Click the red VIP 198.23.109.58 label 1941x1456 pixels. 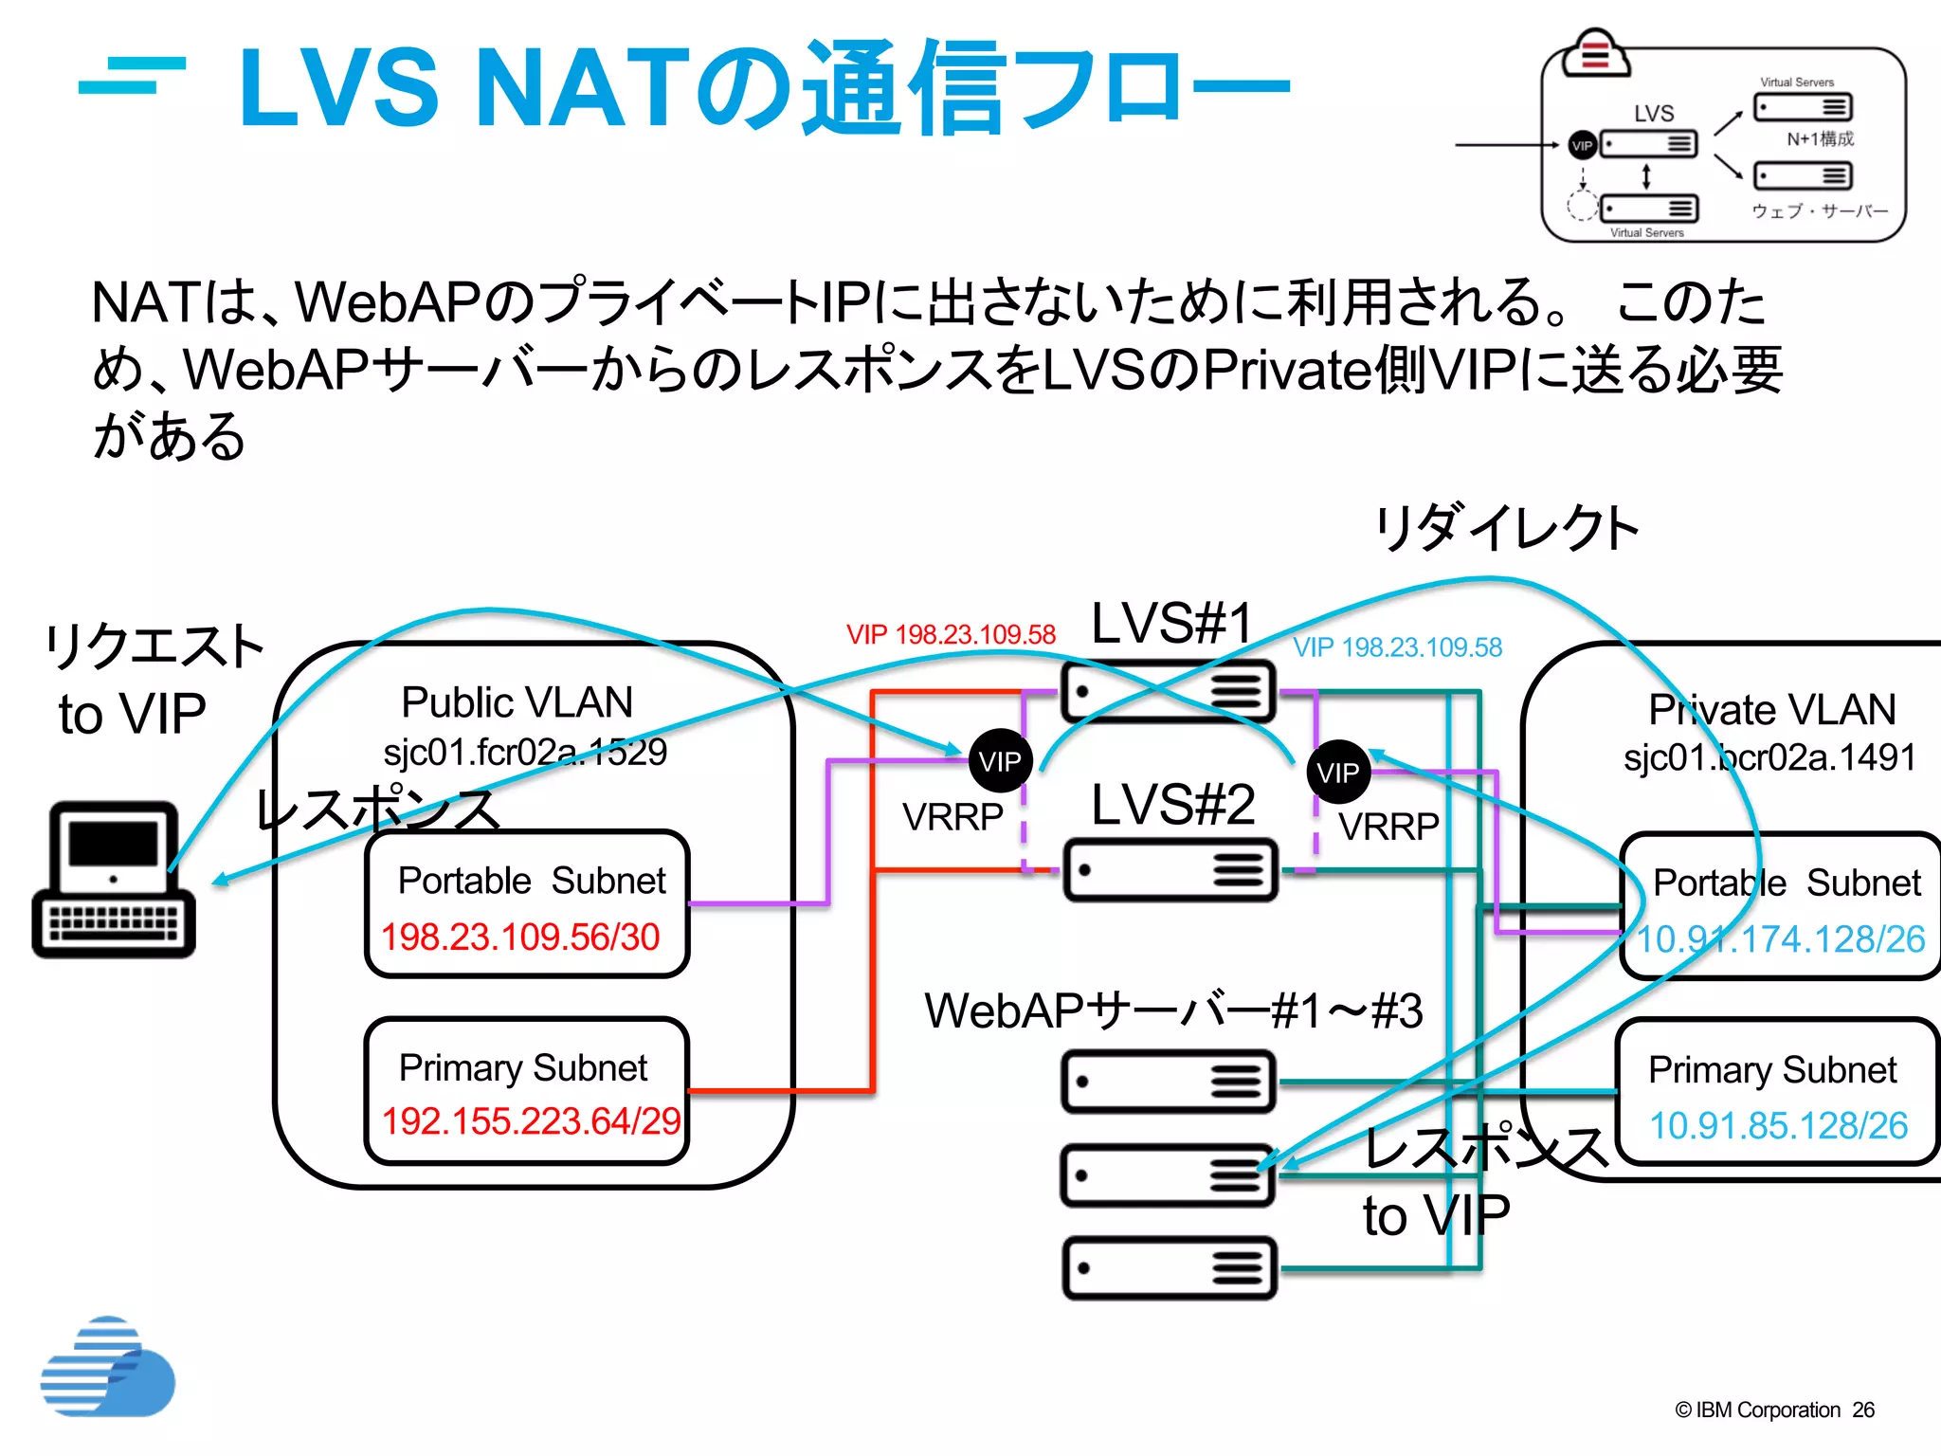pos(951,634)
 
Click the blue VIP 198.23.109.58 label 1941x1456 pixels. pos(1398,647)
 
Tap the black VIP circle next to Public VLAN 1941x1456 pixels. pos(1000,761)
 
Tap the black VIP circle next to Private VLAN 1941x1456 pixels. pos(1337,773)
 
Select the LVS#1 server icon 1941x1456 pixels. pos(1169,691)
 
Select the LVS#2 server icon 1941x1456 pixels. pos(1170,869)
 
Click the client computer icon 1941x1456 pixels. pos(114,880)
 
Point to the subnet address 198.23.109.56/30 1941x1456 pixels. pos(519,937)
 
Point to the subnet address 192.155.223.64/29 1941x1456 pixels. pos(530,1121)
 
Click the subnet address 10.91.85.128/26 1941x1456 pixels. pos(1778,1125)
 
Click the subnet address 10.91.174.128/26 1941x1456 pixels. pos(1780,939)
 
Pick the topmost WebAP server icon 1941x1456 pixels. pos(1168,1081)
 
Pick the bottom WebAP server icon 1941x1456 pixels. pos(1170,1267)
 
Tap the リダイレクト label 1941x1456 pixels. pos(1507,528)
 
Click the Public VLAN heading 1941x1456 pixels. pos(517,702)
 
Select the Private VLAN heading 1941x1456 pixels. pos(1771,709)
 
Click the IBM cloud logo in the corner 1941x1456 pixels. pos(107,1367)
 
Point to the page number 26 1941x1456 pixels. pos(1863,1410)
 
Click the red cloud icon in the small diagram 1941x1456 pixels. pos(1596,53)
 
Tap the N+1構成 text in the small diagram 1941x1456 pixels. pos(1820,138)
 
